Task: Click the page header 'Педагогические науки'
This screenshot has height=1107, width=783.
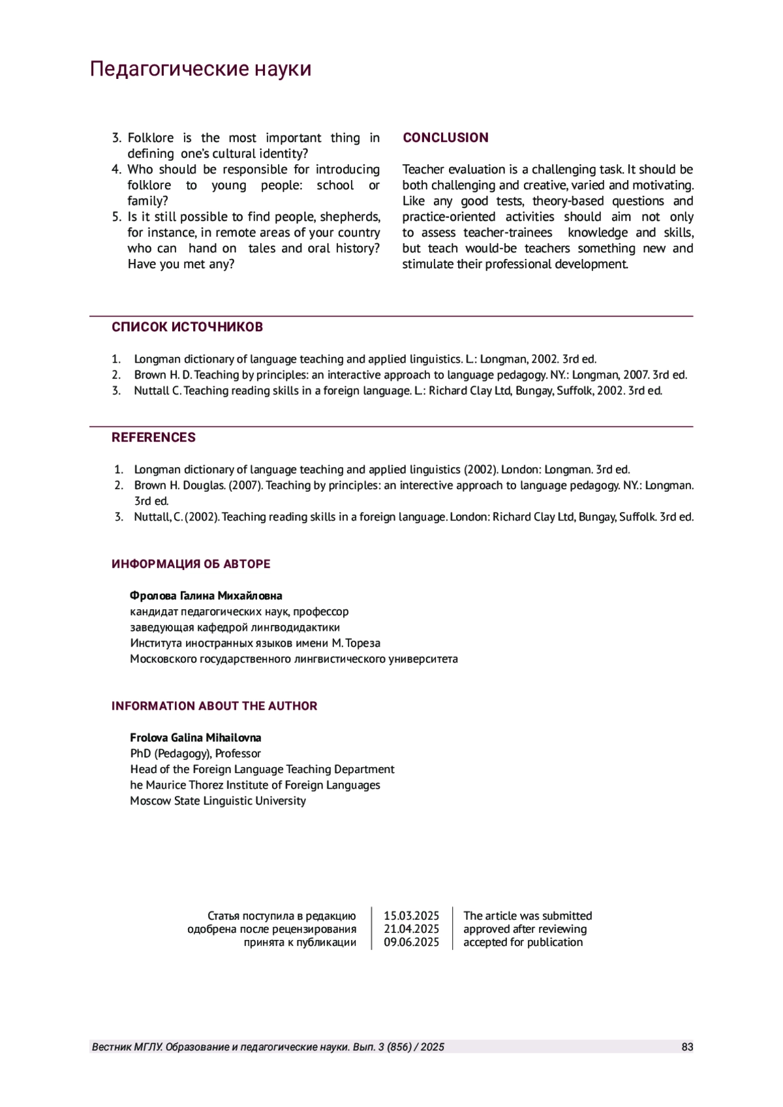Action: pos(200,68)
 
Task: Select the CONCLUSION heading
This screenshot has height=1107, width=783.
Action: pos(445,138)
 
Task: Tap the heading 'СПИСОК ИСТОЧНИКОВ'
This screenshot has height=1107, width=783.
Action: pos(187,327)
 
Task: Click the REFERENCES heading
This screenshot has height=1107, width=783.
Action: pos(153,438)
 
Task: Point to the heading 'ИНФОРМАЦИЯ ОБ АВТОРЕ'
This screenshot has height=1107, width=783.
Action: pos(191,564)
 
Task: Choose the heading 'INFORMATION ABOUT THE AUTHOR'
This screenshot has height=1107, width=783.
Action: pos(214,706)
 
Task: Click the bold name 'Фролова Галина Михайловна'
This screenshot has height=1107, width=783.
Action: pos(206,596)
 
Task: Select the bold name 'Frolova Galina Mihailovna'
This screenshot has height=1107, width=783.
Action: pos(195,738)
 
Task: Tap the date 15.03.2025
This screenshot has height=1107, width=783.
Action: pos(411,916)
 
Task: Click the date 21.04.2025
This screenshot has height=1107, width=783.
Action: pos(411,929)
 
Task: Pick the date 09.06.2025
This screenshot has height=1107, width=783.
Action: pos(411,942)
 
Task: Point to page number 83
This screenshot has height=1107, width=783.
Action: pos(687,1047)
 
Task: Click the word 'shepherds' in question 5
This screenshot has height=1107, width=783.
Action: pos(349,217)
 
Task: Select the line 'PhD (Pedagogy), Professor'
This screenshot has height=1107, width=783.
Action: pos(195,753)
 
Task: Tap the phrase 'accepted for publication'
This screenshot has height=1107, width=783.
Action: pos(523,942)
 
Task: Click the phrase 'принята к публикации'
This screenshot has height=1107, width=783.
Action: pos(299,942)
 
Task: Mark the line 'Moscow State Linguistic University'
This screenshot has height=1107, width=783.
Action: pos(217,801)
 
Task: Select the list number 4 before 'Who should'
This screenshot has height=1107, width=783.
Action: pos(116,170)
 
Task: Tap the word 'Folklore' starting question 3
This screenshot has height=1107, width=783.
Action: pos(150,138)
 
